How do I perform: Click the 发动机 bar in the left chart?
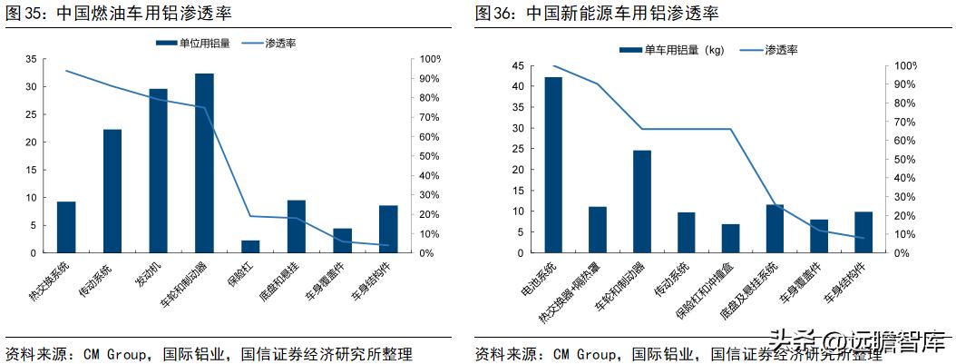click(158, 171)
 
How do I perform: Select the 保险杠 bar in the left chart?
click(250, 246)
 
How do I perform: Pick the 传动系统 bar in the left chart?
click(112, 191)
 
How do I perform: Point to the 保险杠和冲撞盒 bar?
click(731, 238)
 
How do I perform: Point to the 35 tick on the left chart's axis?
click(31, 59)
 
